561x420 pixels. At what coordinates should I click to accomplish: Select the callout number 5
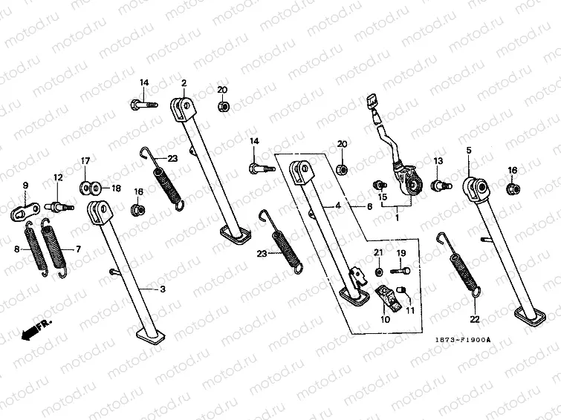coord(468,151)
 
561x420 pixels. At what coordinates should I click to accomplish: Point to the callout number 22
coord(475,319)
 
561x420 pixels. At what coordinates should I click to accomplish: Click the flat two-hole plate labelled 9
coord(28,209)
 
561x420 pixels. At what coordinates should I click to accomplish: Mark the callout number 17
coord(85,161)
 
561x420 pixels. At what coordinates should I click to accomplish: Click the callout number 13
coord(438,161)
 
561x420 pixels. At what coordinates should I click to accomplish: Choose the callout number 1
coord(397,218)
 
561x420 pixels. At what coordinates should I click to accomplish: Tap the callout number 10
coord(385,320)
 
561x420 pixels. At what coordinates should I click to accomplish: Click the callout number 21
coord(377,254)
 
